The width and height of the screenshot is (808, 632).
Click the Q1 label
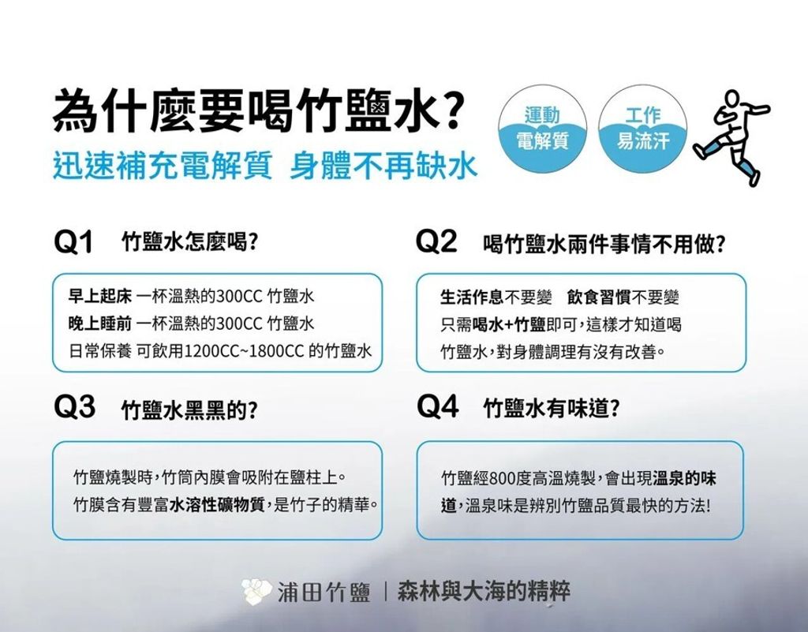coord(73,241)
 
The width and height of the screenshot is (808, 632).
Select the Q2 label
coord(436,241)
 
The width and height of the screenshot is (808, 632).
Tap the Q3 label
coord(74,407)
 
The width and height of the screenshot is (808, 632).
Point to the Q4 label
coord(437,406)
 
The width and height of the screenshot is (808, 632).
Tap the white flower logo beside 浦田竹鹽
coord(256,592)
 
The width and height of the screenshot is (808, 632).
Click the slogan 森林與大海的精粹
coord(484,591)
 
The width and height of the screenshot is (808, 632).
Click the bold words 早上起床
coord(100,296)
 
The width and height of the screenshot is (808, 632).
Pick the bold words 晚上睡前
coord(100,323)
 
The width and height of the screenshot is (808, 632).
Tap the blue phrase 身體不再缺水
coord(384,166)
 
